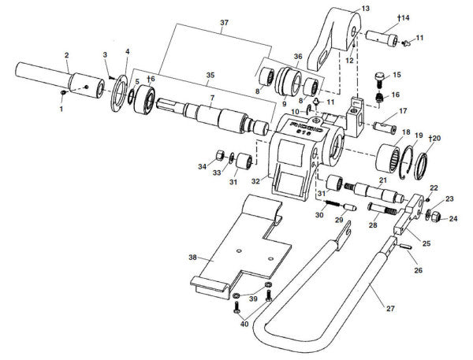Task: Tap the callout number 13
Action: (x=364, y=9)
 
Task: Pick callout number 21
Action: (x=382, y=180)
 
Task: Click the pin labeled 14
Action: (x=385, y=36)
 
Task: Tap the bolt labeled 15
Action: (x=379, y=80)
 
